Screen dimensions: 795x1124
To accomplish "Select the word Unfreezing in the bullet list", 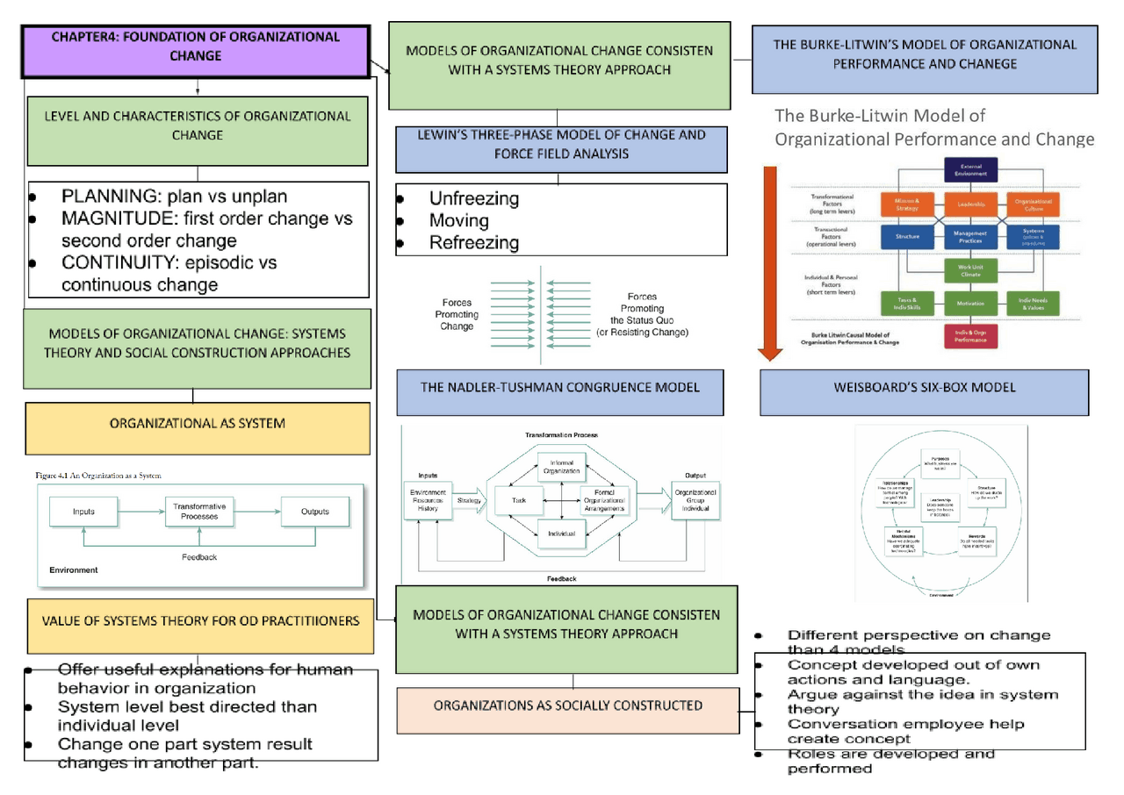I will [x=473, y=199].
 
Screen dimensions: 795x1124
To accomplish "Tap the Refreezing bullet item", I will [x=473, y=243].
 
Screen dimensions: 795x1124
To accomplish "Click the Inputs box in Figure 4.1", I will [x=83, y=512].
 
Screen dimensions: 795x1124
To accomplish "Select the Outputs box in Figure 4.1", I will [x=314, y=512].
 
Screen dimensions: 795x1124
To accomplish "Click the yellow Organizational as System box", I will [x=197, y=423].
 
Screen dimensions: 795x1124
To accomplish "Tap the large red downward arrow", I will [x=770, y=263].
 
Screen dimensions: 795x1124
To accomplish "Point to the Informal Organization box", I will [x=560, y=467].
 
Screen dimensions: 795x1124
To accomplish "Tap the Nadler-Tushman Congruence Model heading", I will [x=559, y=387].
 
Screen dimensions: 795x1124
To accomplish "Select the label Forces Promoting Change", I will [x=457, y=314].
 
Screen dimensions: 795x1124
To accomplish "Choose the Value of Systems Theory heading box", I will [x=200, y=620].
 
